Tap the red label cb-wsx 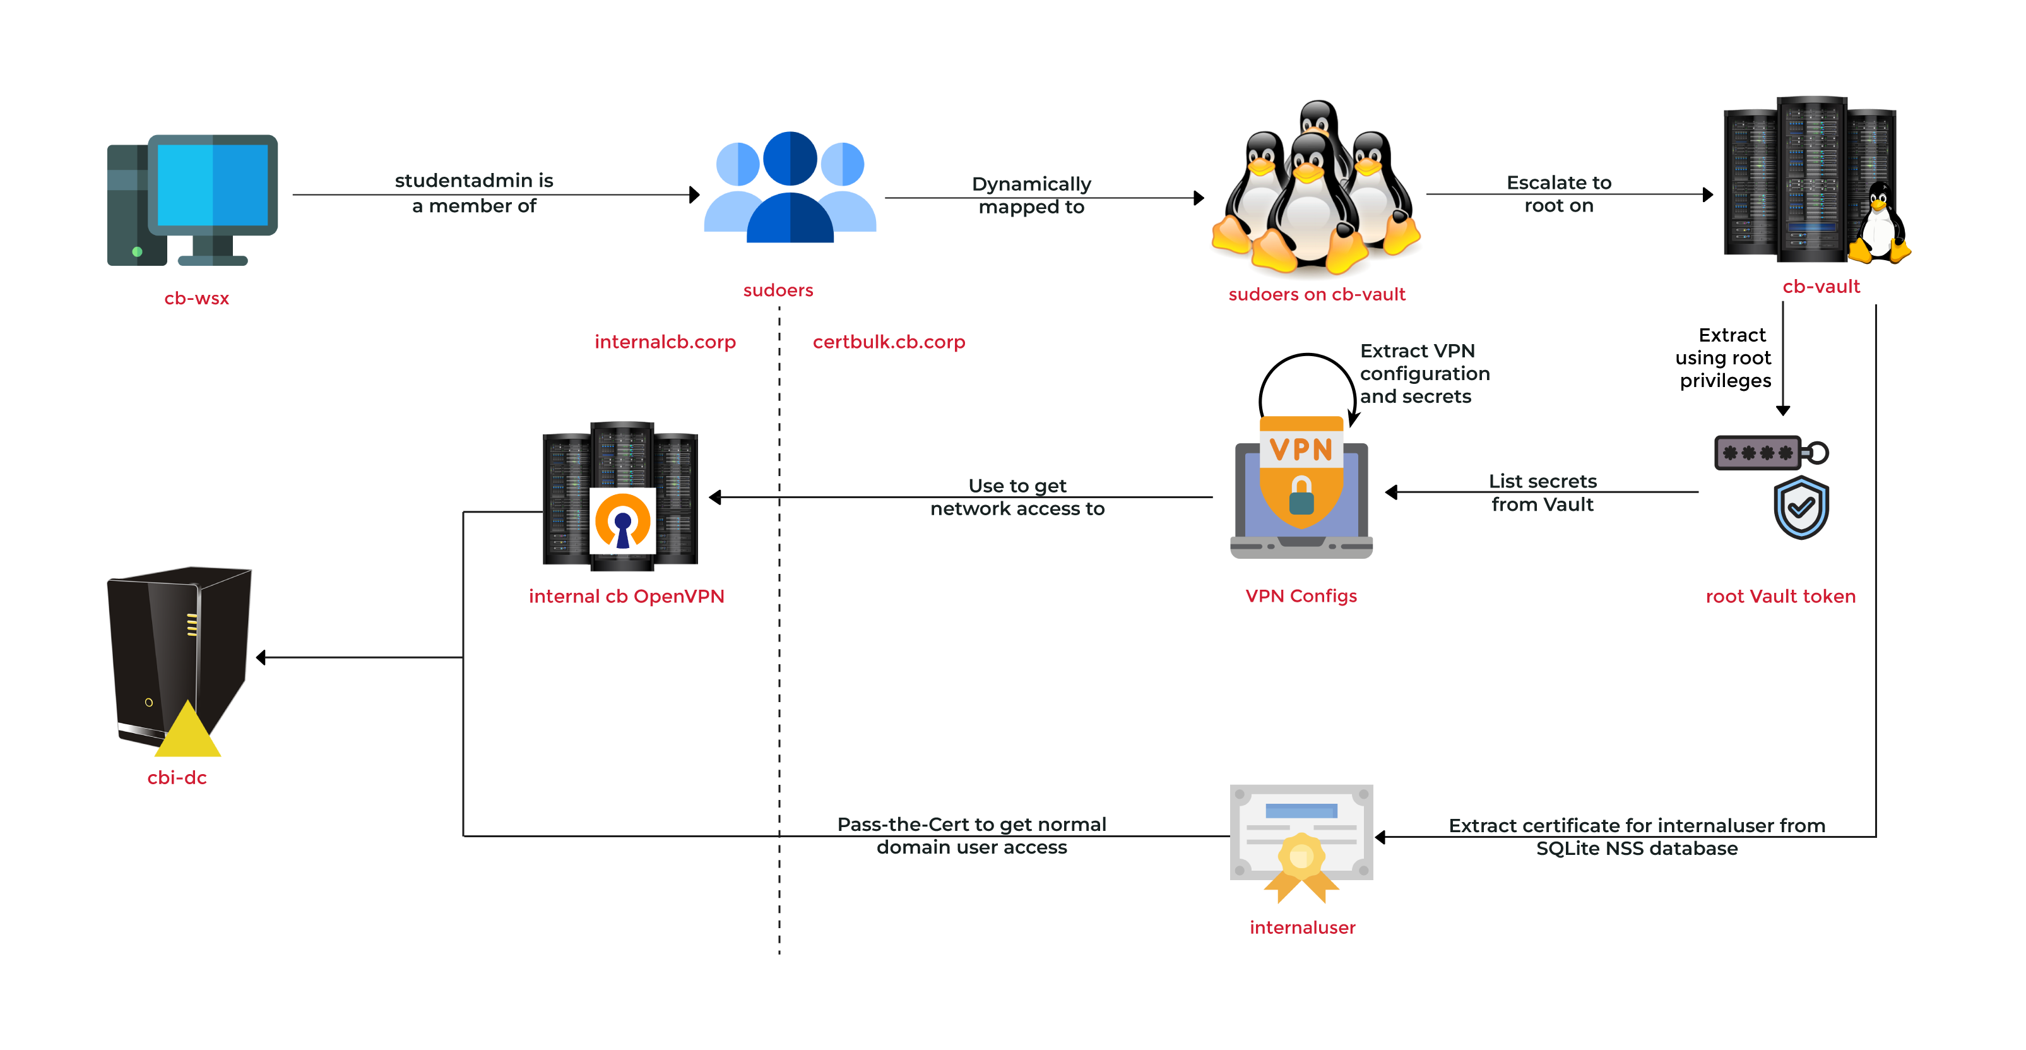coord(197,299)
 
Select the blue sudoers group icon coord(790,189)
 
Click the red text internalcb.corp coord(665,342)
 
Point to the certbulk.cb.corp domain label coord(889,342)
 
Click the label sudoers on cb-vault coord(1317,295)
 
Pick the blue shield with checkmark coord(1801,508)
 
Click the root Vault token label coord(1780,597)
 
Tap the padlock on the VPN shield coord(1301,496)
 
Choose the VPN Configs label coord(1301,596)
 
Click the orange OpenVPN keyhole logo coord(622,521)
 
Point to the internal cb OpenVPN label coord(626,597)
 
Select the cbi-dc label coord(177,778)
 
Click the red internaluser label coord(1303,928)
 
